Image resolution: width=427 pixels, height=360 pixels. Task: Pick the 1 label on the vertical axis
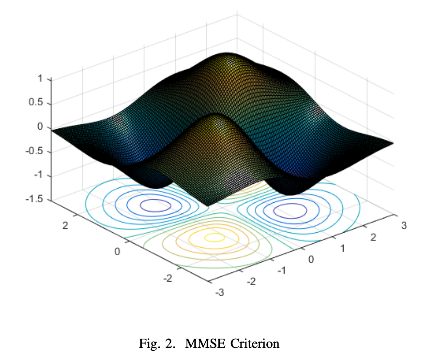tap(41, 78)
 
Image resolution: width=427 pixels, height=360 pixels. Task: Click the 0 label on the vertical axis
tap(41, 127)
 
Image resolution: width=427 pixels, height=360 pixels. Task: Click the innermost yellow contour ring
tap(213, 238)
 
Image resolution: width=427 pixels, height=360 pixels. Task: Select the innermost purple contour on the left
tap(155, 206)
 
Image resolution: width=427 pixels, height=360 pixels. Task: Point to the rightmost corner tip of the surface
tap(393, 143)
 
